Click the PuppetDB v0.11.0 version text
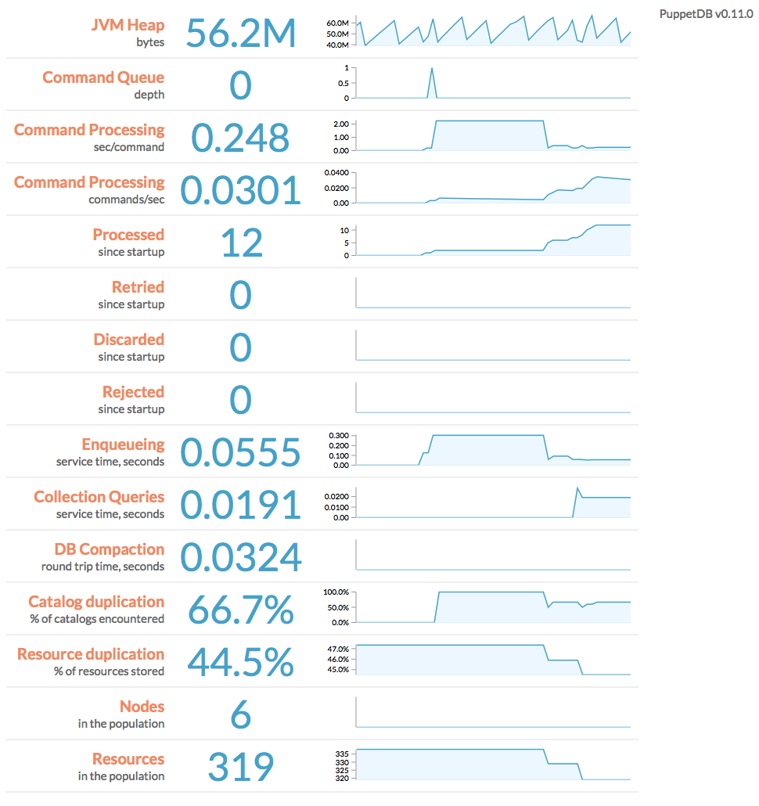coord(706,14)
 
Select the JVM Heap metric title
coord(128,25)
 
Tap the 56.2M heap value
coord(241,34)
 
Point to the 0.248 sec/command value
coord(241,139)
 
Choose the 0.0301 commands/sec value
coord(241,191)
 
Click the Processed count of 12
coord(241,243)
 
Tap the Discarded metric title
coord(129,340)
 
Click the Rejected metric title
coord(133,392)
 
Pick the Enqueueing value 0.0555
coord(241,453)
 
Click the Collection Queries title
coord(99,497)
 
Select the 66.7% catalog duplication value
coord(241,610)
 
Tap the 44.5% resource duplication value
coord(241,663)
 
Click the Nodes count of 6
coord(241,715)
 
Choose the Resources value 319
coord(241,768)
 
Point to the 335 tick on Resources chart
coord(342,753)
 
